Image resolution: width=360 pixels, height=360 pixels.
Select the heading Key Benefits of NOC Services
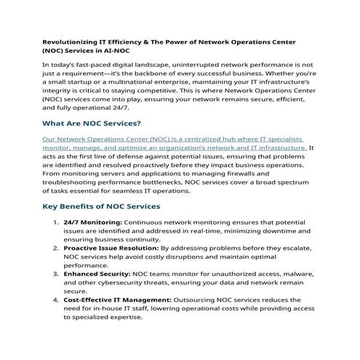(x=101, y=207)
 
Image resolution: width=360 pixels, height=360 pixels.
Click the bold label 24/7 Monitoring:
(x=93, y=221)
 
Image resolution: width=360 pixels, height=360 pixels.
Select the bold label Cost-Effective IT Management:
(x=117, y=299)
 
